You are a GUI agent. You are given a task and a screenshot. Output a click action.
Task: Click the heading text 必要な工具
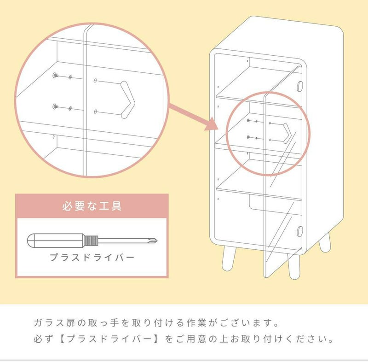92,205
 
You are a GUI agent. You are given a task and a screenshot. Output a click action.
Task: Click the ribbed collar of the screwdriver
91,240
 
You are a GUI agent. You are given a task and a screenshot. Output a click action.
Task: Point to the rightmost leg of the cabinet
326,242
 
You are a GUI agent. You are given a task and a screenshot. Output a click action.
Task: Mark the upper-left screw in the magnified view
55,76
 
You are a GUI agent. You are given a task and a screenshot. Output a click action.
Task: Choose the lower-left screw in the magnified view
55,106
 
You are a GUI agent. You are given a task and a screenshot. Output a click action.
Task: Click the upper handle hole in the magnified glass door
95,81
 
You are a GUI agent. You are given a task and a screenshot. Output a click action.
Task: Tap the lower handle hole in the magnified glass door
95,112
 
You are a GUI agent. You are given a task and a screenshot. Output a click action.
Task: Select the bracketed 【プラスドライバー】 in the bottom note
110,340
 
